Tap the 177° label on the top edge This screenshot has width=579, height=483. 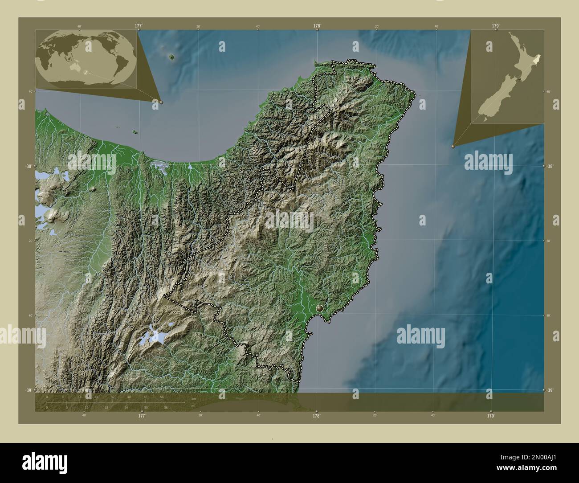[139, 26]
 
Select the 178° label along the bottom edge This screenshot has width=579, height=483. [316, 416]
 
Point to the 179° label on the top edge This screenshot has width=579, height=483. [495, 26]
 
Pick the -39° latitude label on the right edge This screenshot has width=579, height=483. [550, 390]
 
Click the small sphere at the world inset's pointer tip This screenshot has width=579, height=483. [161, 102]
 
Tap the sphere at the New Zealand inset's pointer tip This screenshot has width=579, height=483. [453, 146]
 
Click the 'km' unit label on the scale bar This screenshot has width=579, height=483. [193, 398]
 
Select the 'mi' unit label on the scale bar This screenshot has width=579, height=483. [193, 406]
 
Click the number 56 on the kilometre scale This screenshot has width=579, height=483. [162, 397]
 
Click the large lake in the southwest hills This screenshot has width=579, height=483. [151, 336]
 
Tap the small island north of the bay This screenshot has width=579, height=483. [172, 57]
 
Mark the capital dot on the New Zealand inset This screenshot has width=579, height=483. [519, 79]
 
